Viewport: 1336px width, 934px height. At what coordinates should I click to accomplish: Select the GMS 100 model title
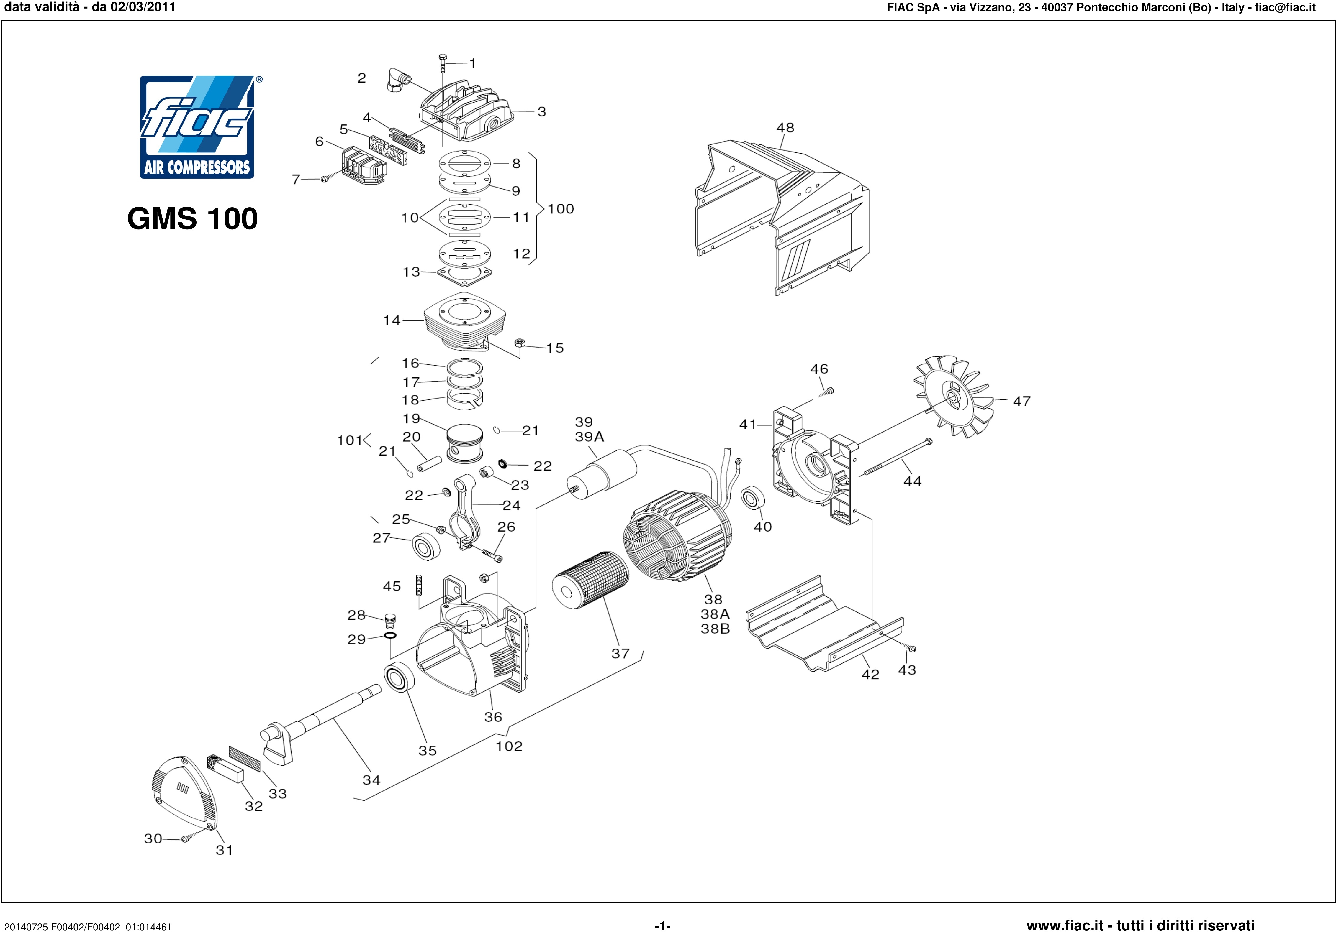click(192, 219)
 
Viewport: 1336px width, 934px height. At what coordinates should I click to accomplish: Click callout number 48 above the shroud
click(785, 127)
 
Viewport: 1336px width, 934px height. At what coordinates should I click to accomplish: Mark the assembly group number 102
click(509, 746)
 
